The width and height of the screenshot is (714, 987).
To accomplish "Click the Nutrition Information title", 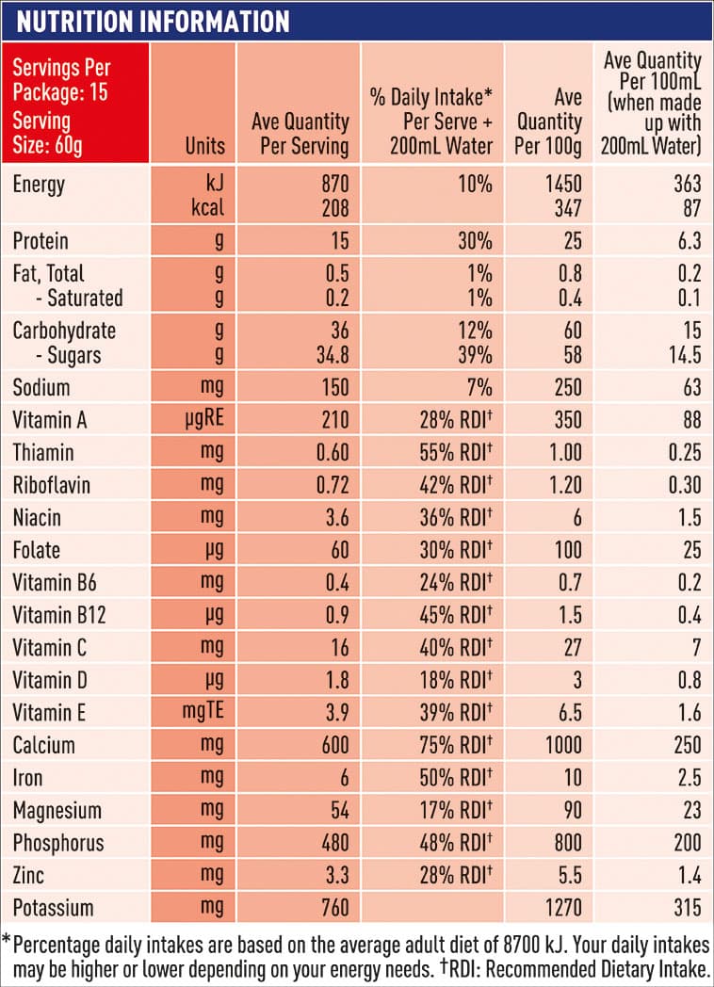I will (151, 21).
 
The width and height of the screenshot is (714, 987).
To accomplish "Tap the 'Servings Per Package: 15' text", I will (61, 81).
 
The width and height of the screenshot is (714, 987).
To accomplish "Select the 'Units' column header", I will (205, 145).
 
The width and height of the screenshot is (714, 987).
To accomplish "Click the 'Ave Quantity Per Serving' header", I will (300, 134).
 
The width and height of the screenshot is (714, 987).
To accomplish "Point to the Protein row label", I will (41, 241).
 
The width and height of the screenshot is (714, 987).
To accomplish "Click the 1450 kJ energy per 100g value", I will (562, 184).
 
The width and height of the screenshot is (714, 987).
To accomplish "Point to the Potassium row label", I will (53, 908).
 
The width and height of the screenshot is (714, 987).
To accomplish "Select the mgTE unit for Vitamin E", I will (203, 713).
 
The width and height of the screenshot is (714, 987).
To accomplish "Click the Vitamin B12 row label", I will (58, 615).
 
